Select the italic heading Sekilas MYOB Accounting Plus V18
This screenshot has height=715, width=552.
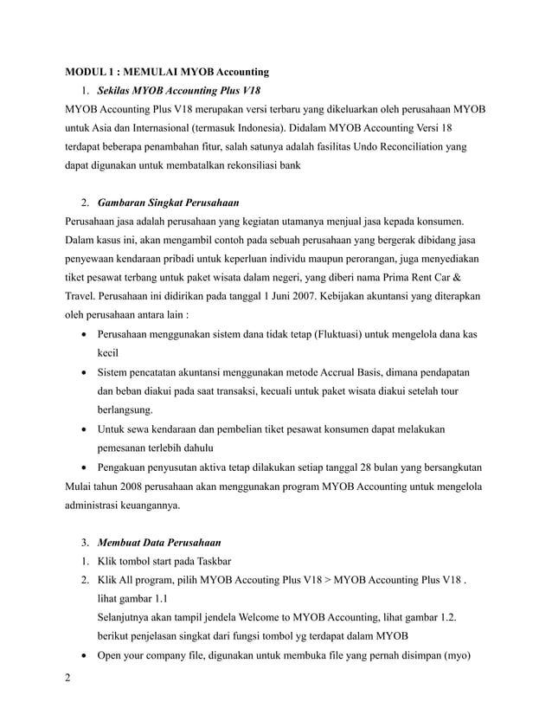(178, 90)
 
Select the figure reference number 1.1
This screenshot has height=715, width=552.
(160, 598)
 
